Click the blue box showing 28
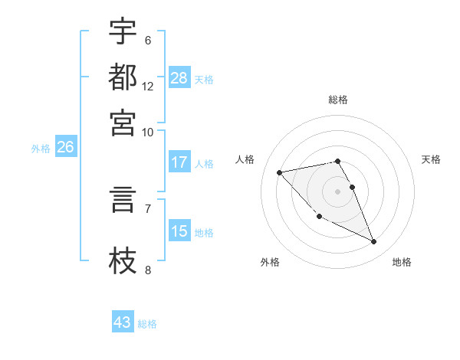(179, 78)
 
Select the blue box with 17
(179, 162)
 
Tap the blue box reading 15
(179, 231)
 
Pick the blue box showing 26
(65, 147)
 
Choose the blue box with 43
(123, 322)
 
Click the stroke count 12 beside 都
(148, 86)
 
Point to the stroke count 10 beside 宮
(148, 131)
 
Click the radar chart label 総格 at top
(338, 100)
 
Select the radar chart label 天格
(432, 159)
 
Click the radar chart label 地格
(402, 262)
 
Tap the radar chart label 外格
(270, 262)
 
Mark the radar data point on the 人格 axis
(279, 172)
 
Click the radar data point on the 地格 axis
(374, 242)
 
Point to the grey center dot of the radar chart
(338, 191)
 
